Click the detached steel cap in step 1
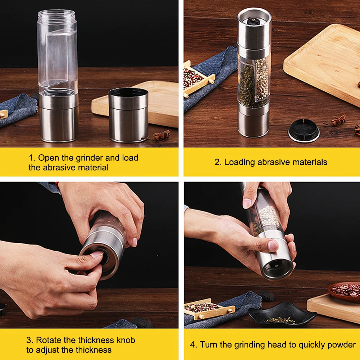(128, 115)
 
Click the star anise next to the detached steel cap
(161, 136)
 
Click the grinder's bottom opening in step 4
(277, 268)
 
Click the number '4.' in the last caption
(193, 345)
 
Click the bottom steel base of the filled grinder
(253, 122)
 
